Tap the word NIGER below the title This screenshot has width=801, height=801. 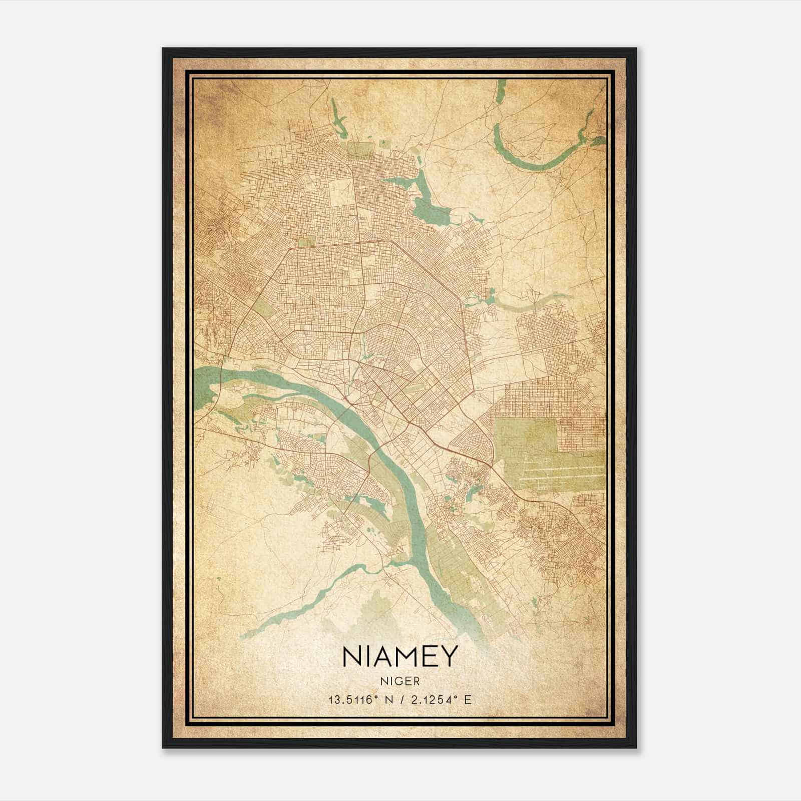coord(399,681)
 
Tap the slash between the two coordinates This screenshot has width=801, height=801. coord(400,699)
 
